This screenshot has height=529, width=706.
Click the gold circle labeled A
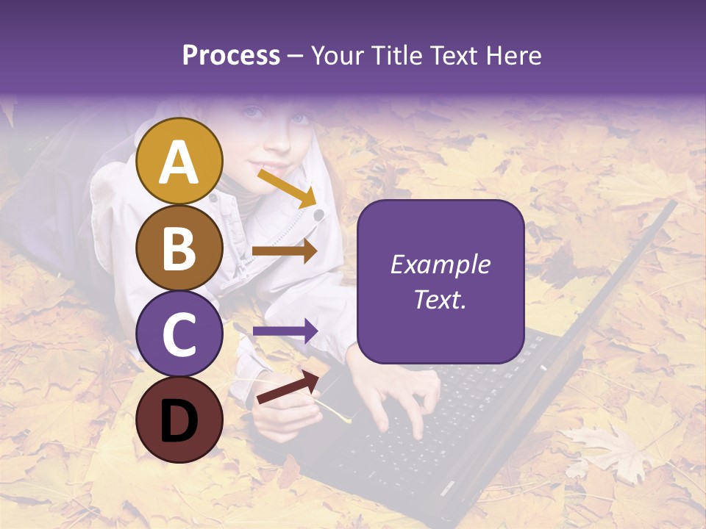pos(179,162)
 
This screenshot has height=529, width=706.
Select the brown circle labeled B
pos(179,248)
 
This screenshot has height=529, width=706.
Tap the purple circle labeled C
pos(179,334)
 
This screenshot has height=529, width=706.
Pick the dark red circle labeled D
pos(179,420)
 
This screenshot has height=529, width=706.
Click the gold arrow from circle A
pos(287,188)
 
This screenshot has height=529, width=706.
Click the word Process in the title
pos(231,56)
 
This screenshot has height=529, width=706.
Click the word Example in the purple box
pos(441,264)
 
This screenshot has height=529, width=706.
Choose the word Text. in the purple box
pos(441,300)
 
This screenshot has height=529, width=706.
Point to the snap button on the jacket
pos(318,215)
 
